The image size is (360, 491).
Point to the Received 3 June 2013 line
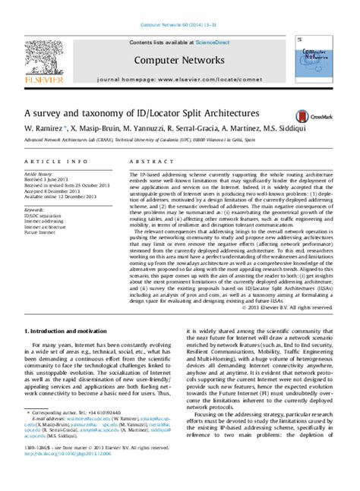click(48, 173)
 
